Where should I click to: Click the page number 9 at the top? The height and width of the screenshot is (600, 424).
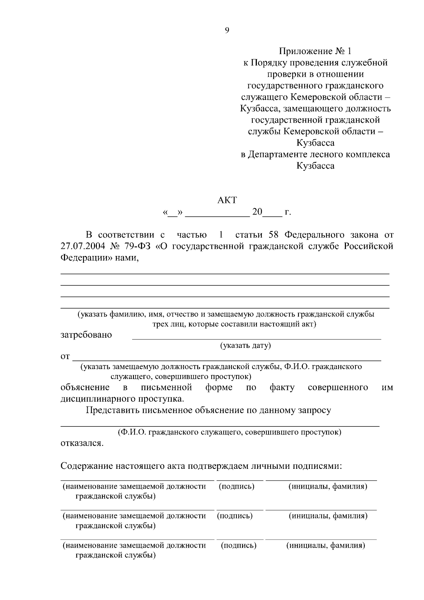click(227, 30)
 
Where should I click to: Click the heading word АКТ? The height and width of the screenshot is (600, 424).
click(227, 200)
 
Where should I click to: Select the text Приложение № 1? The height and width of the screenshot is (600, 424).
click(315, 51)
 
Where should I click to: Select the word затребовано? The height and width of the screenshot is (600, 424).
click(86, 335)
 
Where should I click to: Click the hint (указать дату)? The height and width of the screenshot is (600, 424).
click(246, 345)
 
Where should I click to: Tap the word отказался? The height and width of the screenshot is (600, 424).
click(82, 443)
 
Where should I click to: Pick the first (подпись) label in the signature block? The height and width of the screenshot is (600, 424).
click(236, 487)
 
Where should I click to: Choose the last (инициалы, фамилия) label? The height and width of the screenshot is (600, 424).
click(325, 545)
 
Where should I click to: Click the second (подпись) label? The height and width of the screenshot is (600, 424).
click(235, 516)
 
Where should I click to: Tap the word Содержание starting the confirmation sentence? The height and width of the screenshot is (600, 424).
click(86, 466)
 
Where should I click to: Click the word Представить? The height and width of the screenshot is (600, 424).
click(112, 410)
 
